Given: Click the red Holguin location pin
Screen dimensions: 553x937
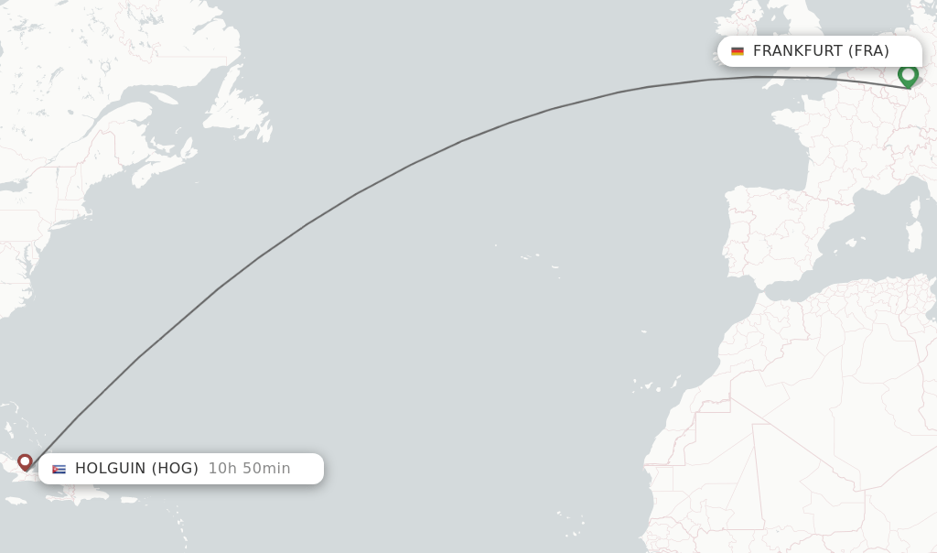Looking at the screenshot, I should pos(25,461).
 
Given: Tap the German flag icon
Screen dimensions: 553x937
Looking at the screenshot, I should pos(738,51).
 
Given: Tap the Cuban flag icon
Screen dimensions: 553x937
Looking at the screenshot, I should pos(59,469).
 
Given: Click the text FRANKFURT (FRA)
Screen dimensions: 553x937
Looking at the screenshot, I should pos(821,51).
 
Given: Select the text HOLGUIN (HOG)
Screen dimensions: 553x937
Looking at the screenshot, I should pos(136,469).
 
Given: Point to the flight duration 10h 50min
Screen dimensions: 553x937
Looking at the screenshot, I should pos(249,469).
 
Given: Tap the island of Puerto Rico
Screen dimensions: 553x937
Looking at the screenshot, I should pos(129,500).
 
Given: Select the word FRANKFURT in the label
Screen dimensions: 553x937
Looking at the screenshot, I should pos(797,51).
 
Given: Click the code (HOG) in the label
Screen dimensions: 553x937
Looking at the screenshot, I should pos(175,469).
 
